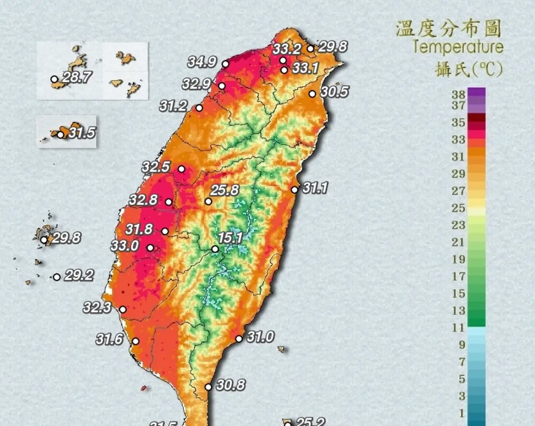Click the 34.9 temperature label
pyautogui.click(x=202, y=62)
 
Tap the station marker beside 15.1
pyautogui.click(x=215, y=249)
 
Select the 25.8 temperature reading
pyautogui.click(x=225, y=190)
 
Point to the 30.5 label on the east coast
pyautogui.click(x=334, y=92)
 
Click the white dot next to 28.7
pyautogui.click(x=54, y=79)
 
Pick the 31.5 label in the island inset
pyautogui.click(x=82, y=133)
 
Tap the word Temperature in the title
pyautogui.click(x=458, y=47)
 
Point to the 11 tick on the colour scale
pyautogui.click(x=459, y=327)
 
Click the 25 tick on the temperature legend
pyautogui.click(x=459, y=208)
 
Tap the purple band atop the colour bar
pyautogui.click(x=477, y=93)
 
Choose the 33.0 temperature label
pyautogui.click(x=126, y=246)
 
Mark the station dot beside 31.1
pyautogui.click(x=295, y=190)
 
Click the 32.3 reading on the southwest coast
pyautogui.click(x=97, y=308)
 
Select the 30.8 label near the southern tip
pyautogui.click(x=231, y=385)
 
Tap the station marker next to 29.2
pyautogui.click(x=57, y=277)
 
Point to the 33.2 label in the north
pyautogui.click(x=286, y=49)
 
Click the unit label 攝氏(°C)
pyautogui.click(x=468, y=69)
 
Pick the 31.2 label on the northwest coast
pyautogui.click(x=174, y=106)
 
